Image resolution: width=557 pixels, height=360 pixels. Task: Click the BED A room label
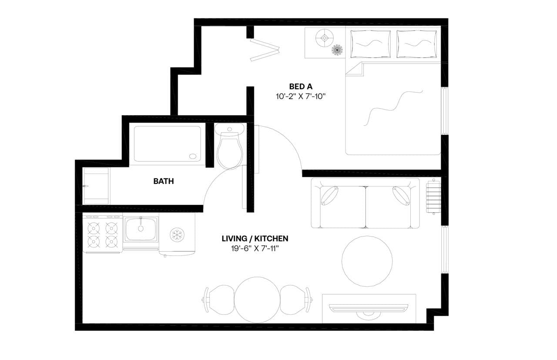click(x=301, y=86)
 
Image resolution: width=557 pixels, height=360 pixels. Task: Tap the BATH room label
click(x=163, y=181)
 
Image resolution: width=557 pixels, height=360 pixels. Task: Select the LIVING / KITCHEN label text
click(x=255, y=238)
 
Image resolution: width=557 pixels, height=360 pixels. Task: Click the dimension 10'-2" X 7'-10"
click(x=301, y=96)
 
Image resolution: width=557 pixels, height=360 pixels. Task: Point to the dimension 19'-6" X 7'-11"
click(x=255, y=249)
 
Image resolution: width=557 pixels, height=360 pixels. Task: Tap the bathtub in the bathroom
click(x=168, y=144)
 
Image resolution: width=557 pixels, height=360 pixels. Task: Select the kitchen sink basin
click(x=141, y=229)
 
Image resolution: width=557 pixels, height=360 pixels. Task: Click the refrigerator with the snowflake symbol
click(x=177, y=235)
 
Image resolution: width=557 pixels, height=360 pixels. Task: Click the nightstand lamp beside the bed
click(x=325, y=38)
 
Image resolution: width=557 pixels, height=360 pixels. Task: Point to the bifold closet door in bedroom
click(x=264, y=50)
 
